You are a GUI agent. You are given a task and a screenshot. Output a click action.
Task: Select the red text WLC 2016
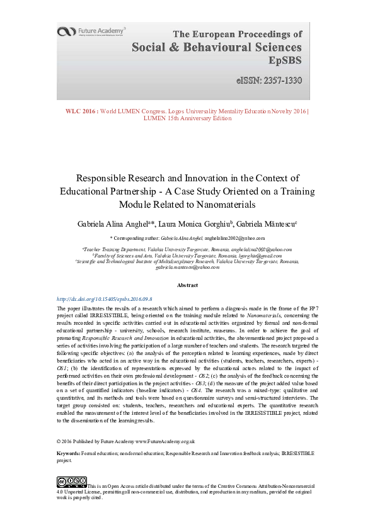click(81, 111)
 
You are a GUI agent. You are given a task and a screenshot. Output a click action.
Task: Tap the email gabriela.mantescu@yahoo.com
click(187, 267)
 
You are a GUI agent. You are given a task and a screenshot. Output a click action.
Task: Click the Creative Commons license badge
click(71, 482)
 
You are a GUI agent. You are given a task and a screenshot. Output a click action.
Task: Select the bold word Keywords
click(67, 453)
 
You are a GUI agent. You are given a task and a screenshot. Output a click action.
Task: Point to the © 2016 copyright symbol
click(59, 441)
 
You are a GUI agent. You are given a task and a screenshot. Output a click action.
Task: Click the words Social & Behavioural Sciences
click(216, 48)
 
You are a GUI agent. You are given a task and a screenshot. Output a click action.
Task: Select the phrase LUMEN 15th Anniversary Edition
click(187, 118)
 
